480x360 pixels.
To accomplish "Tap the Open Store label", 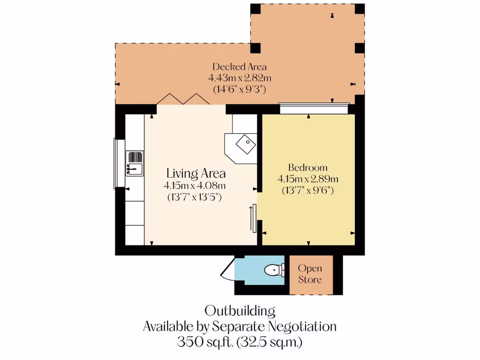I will click(310, 274).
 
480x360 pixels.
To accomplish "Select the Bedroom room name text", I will click(307, 168).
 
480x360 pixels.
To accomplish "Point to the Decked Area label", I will click(240, 67).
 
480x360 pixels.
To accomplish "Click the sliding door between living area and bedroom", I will click(253, 218).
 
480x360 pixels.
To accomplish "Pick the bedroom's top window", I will click(314, 108).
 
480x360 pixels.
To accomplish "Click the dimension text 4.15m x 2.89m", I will click(307, 179).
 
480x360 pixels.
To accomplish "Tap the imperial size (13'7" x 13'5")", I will click(194, 197).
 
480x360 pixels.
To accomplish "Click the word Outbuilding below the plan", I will click(240, 310).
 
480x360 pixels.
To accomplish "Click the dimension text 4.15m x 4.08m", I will click(194, 186).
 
